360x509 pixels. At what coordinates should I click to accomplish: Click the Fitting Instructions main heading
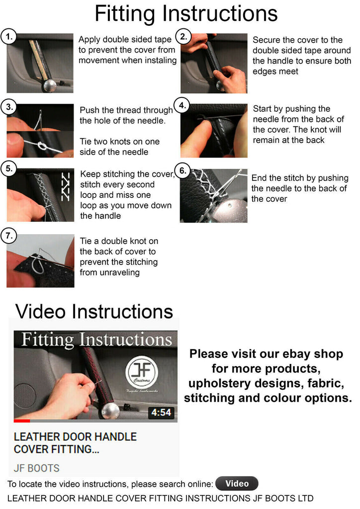(x=186, y=13)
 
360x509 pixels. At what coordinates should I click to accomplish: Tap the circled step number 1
(x=9, y=37)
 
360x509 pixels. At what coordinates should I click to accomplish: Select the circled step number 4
(x=182, y=105)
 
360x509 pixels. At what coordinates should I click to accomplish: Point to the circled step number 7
(x=9, y=235)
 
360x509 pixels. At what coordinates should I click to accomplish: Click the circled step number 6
(x=183, y=171)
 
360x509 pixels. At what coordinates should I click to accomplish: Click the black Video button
(x=237, y=483)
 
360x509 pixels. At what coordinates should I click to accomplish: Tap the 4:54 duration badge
(x=161, y=413)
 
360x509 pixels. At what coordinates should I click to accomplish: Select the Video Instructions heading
(x=94, y=312)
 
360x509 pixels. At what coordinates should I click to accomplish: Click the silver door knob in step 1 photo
(x=50, y=86)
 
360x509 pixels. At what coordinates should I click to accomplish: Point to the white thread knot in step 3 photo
(x=42, y=146)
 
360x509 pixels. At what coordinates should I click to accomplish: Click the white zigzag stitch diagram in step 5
(x=66, y=186)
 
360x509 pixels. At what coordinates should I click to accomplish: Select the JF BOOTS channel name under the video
(x=37, y=468)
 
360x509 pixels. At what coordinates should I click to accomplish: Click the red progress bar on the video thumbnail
(x=22, y=421)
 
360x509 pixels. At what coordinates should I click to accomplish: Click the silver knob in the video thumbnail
(x=110, y=411)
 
